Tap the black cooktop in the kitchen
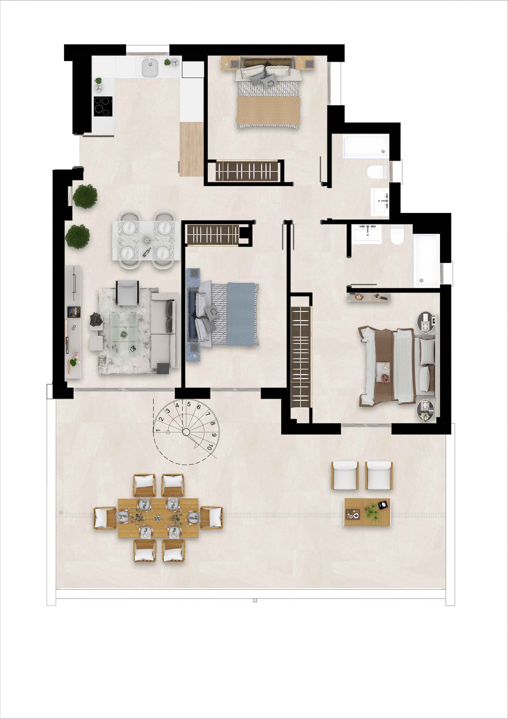[x=103, y=106]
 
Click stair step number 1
[x=158, y=430]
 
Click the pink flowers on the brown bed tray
[x=385, y=378]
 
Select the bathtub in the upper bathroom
[x=366, y=146]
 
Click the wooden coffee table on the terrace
[x=367, y=512]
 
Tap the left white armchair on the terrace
[x=345, y=475]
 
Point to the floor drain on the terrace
[x=60, y=512]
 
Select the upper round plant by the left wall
[x=85, y=196]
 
